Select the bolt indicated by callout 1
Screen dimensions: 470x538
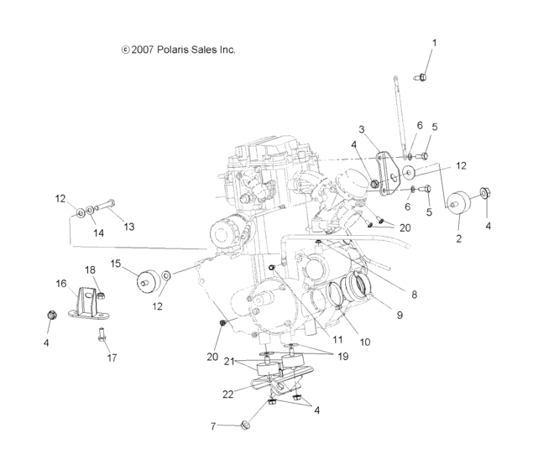coord(423,77)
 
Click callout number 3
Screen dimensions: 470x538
coord(362,129)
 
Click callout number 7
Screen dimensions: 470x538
coord(214,426)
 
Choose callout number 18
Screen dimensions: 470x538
coord(90,269)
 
